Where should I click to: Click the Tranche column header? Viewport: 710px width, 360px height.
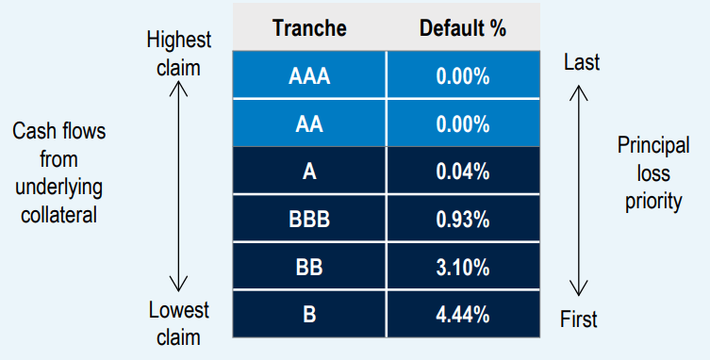[308, 27]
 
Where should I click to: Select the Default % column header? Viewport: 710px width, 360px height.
[463, 27]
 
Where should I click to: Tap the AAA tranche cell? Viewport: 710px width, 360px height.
[308, 76]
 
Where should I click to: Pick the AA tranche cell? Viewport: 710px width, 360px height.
[308, 124]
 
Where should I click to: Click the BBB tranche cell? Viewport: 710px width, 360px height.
[308, 221]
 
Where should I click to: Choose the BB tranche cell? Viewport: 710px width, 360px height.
[308, 268]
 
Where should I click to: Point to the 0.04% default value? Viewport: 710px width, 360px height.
[463, 172]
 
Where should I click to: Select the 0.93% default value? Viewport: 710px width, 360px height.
[463, 221]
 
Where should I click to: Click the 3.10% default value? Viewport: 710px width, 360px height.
[463, 268]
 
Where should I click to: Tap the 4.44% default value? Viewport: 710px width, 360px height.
[463, 316]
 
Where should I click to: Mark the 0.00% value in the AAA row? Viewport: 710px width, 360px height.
[463, 76]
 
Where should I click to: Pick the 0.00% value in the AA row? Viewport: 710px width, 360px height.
[463, 124]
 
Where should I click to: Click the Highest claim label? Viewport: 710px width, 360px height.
[179, 54]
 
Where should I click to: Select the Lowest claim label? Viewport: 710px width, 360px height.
[179, 321]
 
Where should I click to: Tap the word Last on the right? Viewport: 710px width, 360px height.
[582, 62]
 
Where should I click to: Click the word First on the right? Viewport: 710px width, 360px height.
[582, 319]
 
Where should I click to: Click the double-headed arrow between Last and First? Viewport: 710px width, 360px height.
[582, 189]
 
